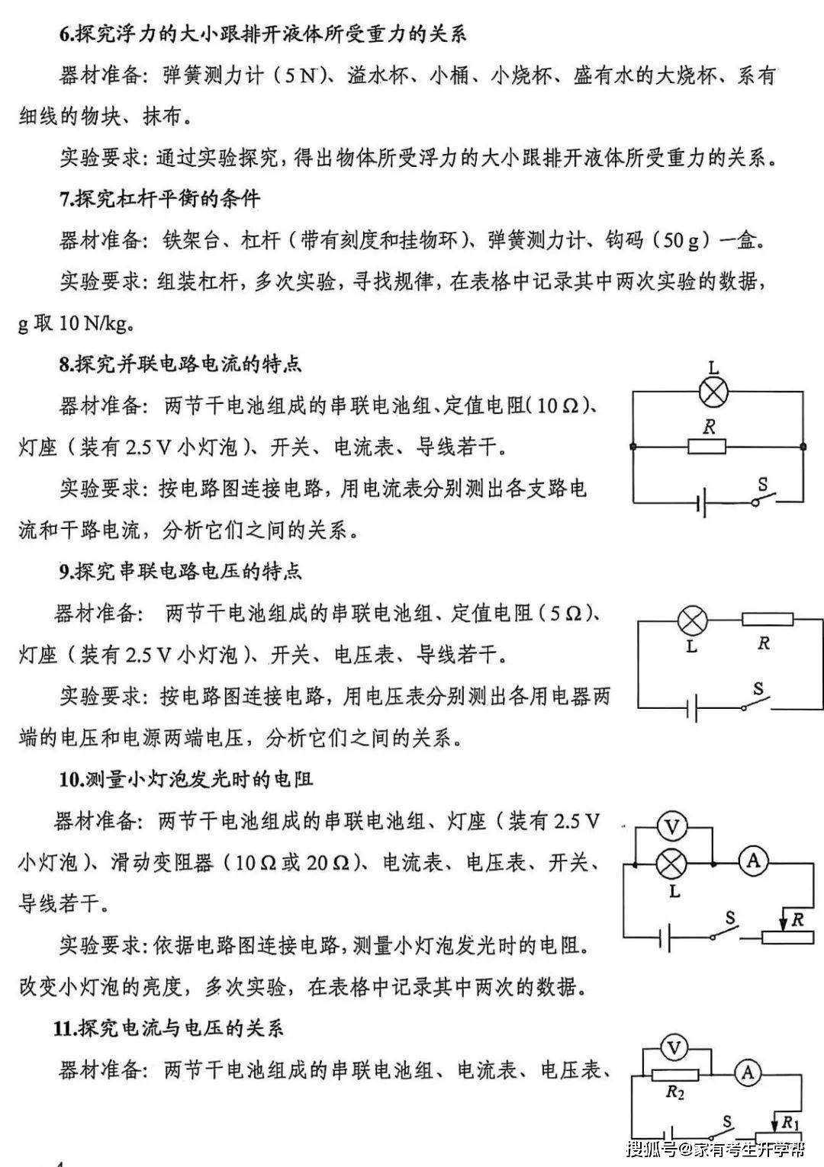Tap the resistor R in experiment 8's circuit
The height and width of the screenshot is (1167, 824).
coord(707,446)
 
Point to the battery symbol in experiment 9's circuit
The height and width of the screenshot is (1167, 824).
coord(692,710)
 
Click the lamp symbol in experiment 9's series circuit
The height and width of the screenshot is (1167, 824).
coord(693,620)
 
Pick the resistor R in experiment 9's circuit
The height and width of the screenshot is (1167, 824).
coord(767,620)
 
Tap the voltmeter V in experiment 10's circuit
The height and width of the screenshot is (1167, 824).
coord(672,826)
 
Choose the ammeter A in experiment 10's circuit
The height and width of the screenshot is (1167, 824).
coord(753,861)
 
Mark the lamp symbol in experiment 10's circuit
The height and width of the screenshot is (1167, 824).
coord(671,864)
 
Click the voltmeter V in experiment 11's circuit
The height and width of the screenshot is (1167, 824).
coord(674,1049)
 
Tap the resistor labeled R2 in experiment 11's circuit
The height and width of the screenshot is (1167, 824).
coord(674,1075)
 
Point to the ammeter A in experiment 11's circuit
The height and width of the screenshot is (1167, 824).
coord(748,1073)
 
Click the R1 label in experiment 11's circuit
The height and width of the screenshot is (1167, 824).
coord(790,1123)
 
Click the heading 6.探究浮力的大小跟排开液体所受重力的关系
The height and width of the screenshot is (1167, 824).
coord(263,34)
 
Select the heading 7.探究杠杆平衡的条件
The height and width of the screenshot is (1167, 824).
coord(159,199)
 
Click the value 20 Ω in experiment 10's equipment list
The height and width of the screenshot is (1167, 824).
coord(327,863)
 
